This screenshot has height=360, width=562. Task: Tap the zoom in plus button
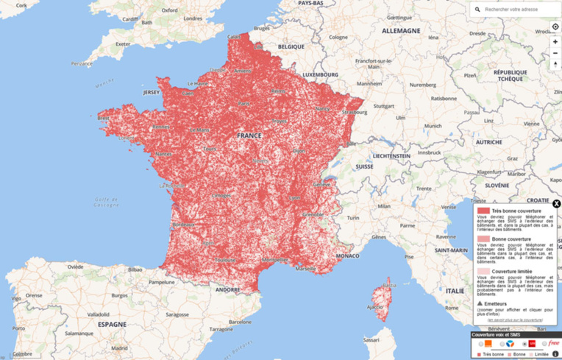click(555, 42)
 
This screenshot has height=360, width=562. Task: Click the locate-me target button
click(555, 27)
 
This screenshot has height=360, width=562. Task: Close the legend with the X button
click(556, 203)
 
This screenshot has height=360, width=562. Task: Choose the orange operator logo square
click(488, 344)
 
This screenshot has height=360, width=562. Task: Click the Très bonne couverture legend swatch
click(483, 211)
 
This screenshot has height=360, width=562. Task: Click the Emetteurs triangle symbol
click(480, 303)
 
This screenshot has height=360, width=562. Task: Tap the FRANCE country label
click(250, 136)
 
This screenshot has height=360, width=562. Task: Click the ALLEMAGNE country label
click(401, 31)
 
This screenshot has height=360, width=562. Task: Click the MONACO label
click(347, 255)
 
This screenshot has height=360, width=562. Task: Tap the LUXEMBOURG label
click(321, 74)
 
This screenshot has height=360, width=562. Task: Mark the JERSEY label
click(151, 93)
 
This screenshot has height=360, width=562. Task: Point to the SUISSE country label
click(365, 167)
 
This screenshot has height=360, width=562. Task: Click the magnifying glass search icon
click(478, 10)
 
